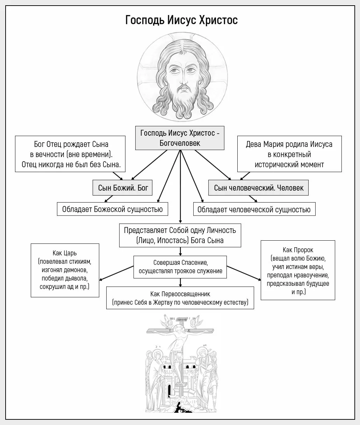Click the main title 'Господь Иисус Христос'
(x=181, y=20)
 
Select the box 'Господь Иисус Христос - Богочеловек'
(x=180, y=138)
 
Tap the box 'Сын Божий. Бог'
(x=122, y=188)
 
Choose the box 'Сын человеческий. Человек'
(x=258, y=188)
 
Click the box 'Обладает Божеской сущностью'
(x=113, y=209)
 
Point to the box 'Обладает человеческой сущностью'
(x=254, y=209)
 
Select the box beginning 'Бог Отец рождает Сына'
(x=70, y=154)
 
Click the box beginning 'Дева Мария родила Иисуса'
(x=289, y=154)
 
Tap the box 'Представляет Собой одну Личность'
(x=180, y=235)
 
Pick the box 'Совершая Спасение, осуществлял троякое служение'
(x=180, y=267)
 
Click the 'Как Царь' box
(x=65, y=270)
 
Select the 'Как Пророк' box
(x=298, y=270)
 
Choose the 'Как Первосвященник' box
(x=180, y=298)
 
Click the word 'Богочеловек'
(x=180, y=143)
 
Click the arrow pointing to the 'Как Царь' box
(x=116, y=273)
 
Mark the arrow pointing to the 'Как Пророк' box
(x=244, y=273)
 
